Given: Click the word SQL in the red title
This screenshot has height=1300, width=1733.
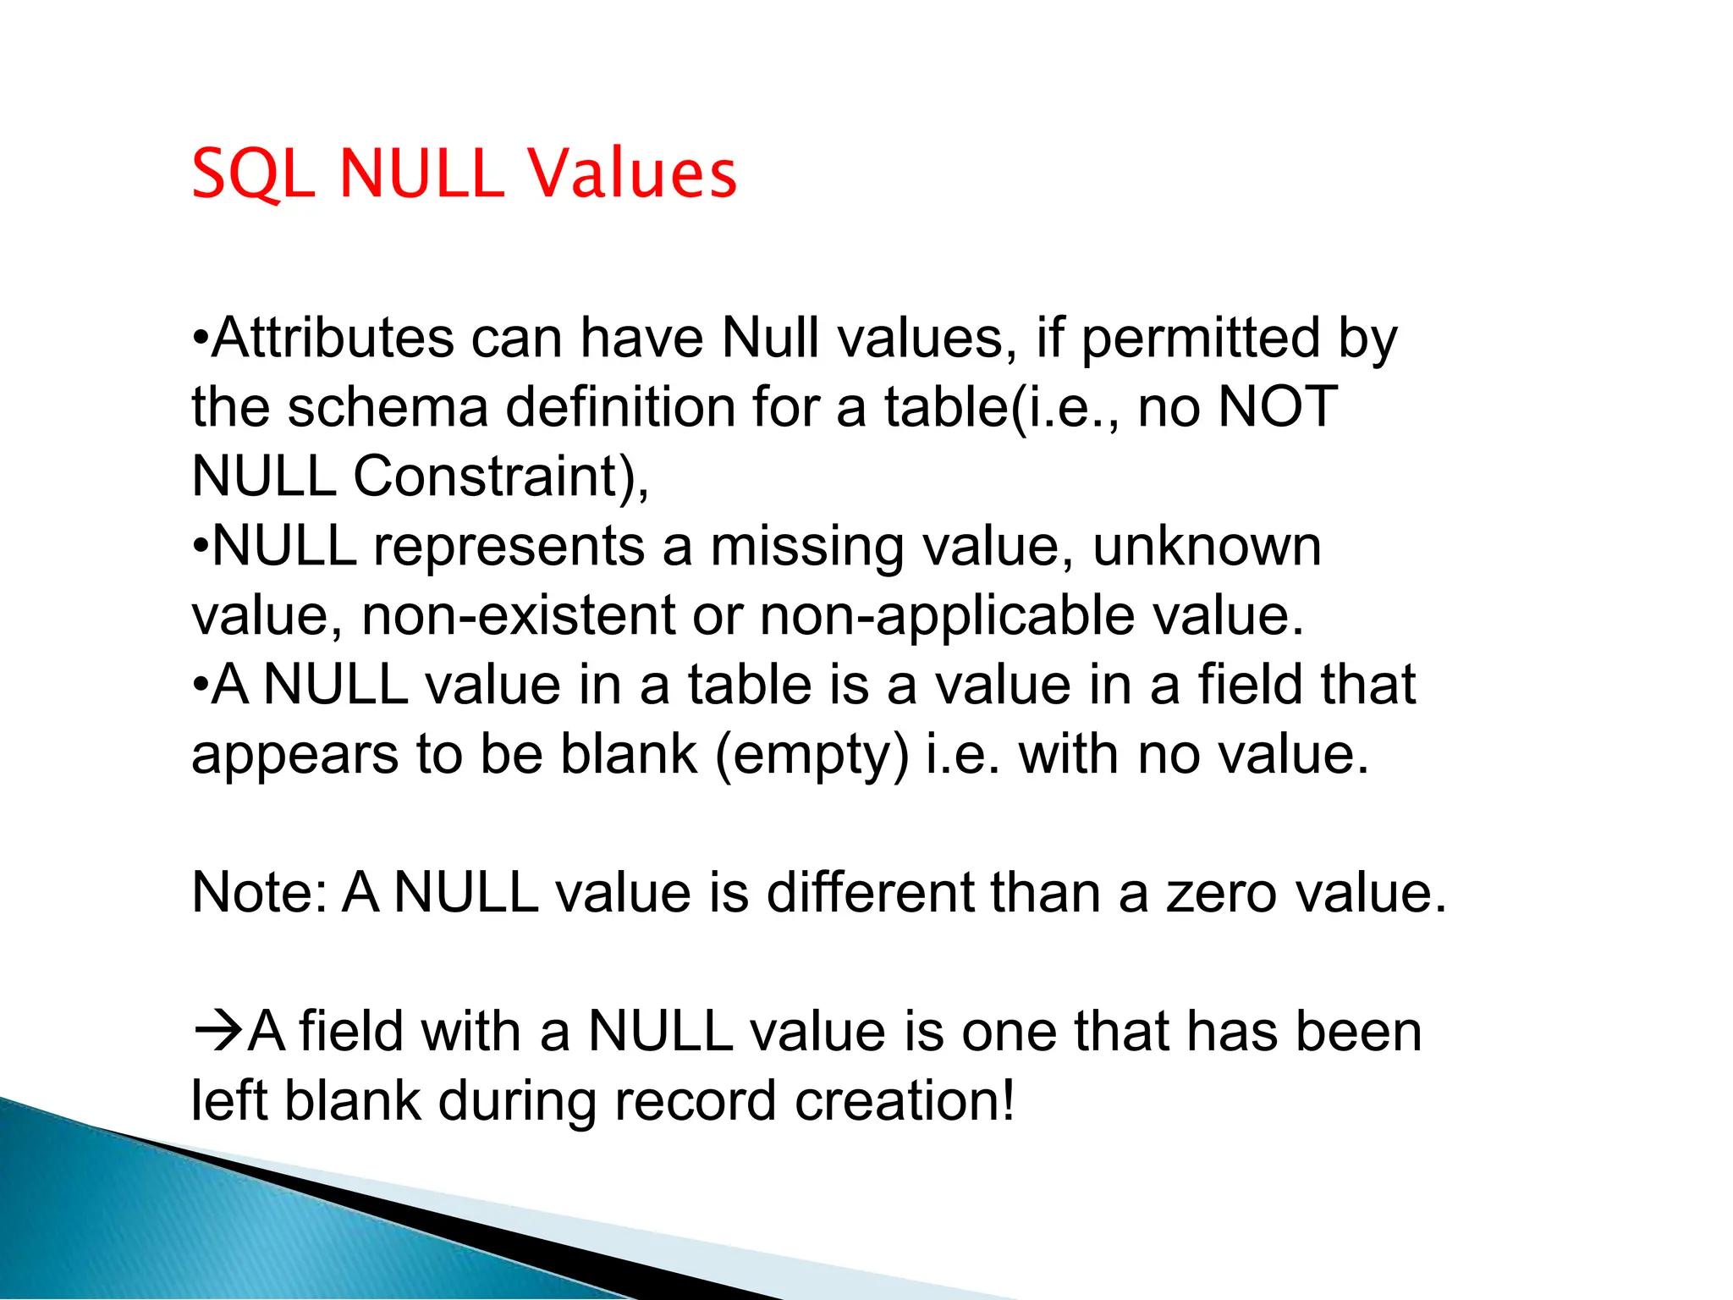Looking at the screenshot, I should [x=253, y=174].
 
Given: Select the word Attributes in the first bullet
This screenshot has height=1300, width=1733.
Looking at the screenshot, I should [x=333, y=339].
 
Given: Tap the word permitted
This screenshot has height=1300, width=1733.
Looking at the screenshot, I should [x=1201, y=339].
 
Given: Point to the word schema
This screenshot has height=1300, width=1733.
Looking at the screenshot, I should [x=388, y=408].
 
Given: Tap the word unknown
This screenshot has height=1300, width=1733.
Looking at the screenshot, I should [x=1207, y=547].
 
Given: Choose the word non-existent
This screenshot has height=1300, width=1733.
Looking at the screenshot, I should [x=518, y=616].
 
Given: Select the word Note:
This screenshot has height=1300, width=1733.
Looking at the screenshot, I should [x=260, y=893].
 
